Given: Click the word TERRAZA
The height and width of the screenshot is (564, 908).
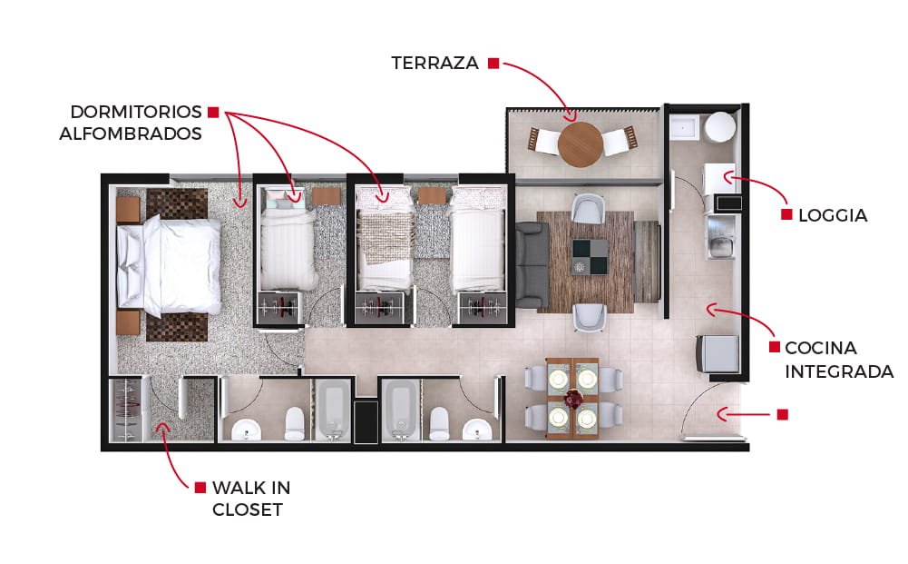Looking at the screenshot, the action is (434, 63).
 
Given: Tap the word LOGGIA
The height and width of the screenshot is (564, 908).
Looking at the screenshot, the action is (833, 215).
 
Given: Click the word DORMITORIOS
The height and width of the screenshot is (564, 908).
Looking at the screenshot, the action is (136, 112).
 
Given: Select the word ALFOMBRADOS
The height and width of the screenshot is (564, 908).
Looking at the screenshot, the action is (131, 134).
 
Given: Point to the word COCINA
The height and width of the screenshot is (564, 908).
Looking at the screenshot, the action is (821, 348).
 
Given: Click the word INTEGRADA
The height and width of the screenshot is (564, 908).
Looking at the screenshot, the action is (839, 371).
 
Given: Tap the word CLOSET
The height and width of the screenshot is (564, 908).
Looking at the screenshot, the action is (248, 510).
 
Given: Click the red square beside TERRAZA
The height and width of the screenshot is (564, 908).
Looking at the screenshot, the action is (493, 64).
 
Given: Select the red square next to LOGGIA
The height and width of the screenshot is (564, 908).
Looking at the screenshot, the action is (786, 214).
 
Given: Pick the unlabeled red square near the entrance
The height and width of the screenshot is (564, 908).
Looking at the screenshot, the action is (782, 414).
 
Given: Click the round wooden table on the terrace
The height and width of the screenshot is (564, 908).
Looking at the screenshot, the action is (581, 143).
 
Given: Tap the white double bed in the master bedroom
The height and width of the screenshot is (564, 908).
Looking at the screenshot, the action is (169, 265).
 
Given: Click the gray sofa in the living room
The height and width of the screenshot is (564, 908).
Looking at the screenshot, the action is (532, 265).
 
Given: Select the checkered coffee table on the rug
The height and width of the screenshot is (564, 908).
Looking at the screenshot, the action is (591, 257).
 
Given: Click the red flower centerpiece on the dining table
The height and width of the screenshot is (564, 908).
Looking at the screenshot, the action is (574, 398).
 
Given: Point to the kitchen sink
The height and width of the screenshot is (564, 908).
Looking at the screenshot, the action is (721, 246).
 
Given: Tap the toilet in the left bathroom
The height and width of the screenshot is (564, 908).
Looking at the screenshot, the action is (294, 424).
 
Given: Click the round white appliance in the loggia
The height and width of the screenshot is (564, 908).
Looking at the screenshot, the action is (720, 127).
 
